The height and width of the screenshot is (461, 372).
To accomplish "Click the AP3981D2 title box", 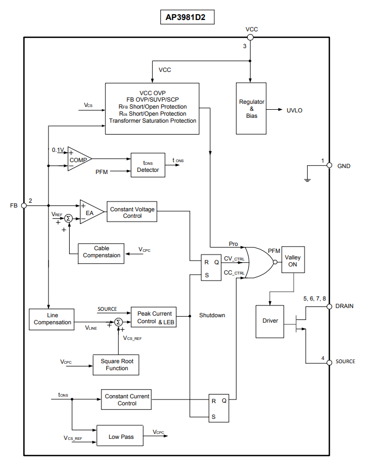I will click(x=186, y=17).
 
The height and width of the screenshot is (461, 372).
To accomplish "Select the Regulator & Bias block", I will click(x=252, y=109).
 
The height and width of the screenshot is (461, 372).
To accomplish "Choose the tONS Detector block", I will click(x=147, y=166).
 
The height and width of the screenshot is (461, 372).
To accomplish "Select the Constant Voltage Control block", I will click(x=132, y=212).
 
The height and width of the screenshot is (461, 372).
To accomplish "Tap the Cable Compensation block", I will click(x=102, y=252).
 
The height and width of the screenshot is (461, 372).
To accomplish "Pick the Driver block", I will click(x=270, y=320).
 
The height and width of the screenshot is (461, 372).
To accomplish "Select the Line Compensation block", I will click(x=52, y=319).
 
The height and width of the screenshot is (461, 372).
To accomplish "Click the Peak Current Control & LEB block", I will click(x=154, y=317).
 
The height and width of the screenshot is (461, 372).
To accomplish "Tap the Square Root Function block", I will click(x=117, y=365).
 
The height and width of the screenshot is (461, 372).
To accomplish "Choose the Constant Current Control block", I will click(x=127, y=400).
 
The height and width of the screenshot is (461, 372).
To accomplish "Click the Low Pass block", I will click(x=120, y=436).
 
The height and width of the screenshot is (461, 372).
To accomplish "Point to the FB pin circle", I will click(x=24, y=205).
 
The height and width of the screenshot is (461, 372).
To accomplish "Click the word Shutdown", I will click(x=212, y=315).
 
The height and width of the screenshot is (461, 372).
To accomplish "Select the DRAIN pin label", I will click(x=344, y=306).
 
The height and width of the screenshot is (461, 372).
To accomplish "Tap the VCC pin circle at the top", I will click(x=250, y=37).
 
